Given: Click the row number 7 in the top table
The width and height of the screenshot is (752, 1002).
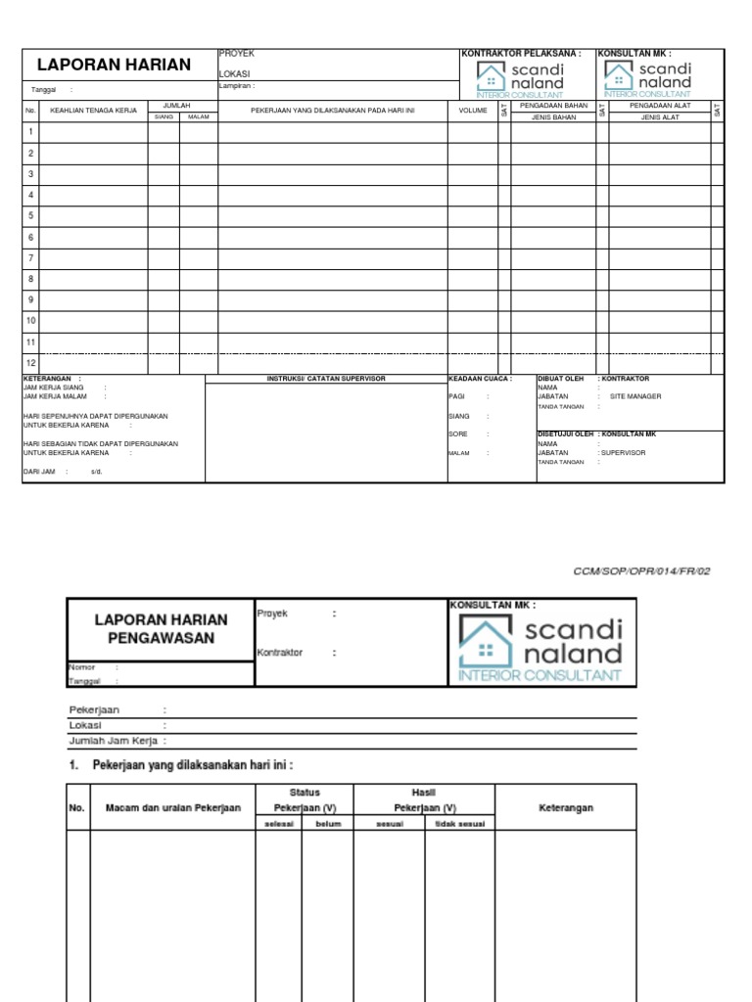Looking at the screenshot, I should pyautogui.click(x=31, y=258).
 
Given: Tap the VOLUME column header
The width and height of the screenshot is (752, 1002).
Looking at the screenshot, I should pyautogui.click(x=473, y=111).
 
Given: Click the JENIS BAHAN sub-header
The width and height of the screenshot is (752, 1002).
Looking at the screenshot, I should pyautogui.click(x=553, y=116).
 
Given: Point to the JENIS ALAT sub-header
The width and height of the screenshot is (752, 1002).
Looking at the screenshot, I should pyautogui.click(x=660, y=116).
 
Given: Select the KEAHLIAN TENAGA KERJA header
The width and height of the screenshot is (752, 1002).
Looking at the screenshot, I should pyautogui.click(x=93, y=111).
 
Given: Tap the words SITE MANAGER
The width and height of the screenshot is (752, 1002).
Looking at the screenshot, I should pyautogui.click(x=635, y=396).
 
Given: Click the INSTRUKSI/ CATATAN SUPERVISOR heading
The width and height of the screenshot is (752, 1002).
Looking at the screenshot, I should pyautogui.click(x=326, y=379).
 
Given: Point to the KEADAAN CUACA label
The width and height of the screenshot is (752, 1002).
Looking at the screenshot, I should pyautogui.click(x=479, y=379).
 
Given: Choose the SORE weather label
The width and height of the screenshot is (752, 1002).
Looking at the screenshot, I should pyautogui.click(x=458, y=433).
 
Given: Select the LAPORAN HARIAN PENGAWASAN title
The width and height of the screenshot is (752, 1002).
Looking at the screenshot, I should pyautogui.click(x=161, y=629).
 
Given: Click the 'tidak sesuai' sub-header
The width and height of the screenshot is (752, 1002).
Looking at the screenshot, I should pyautogui.click(x=459, y=824).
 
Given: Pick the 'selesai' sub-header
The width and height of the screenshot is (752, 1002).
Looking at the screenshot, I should pyautogui.click(x=278, y=824).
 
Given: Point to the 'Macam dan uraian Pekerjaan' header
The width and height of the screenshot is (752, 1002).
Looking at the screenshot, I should pyautogui.click(x=166, y=808).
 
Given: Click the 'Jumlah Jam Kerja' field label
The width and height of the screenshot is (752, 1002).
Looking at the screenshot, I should pyautogui.click(x=116, y=741).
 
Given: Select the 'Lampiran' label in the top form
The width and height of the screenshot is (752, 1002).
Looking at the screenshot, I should pyautogui.click(x=236, y=85).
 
